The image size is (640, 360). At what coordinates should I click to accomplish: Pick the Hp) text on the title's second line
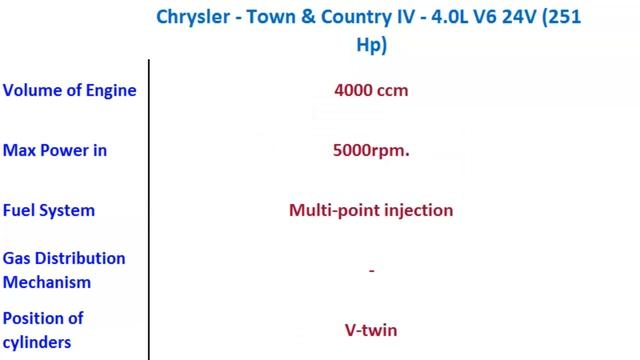point(371,44)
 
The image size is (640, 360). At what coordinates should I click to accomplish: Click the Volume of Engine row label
point(69,90)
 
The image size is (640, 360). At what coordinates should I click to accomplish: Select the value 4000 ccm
point(371,90)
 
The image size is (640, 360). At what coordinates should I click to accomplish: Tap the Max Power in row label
point(55,150)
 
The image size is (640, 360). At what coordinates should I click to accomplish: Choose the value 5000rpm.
point(371,150)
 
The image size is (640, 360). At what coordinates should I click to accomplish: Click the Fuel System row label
point(49,210)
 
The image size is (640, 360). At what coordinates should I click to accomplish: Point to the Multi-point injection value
point(371,210)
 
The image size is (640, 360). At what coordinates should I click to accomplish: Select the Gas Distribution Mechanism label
point(64,270)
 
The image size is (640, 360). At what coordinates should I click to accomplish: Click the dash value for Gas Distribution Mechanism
point(371,270)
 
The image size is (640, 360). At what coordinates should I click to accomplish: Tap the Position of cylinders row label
point(43,330)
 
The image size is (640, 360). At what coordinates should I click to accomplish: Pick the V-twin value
point(371,330)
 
